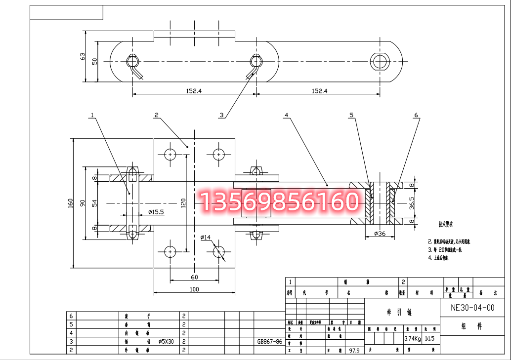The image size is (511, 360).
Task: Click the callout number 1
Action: click(x=92, y=115)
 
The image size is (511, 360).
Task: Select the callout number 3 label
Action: click(x=222, y=115)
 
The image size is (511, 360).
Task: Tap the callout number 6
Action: click(x=416, y=115)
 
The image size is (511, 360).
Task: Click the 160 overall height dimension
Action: click(x=71, y=202)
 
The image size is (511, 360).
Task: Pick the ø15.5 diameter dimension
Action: click(x=156, y=212)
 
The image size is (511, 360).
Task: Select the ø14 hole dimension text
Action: click(x=206, y=238)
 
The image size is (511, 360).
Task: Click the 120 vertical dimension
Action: click(x=183, y=202)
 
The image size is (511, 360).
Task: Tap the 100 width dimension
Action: click(x=195, y=289)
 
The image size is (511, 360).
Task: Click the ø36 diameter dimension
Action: click(x=380, y=233)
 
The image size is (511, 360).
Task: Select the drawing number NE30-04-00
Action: click(x=472, y=307)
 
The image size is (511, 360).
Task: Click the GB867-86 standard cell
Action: click(x=270, y=341)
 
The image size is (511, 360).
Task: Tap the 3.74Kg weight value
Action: click(x=412, y=339)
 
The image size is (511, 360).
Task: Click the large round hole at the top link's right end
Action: click(x=380, y=61)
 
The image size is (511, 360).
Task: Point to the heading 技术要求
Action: click(x=446, y=224)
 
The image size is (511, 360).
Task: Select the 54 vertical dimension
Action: click(x=94, y=202)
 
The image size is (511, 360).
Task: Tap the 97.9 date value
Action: click(x=353, y=350)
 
